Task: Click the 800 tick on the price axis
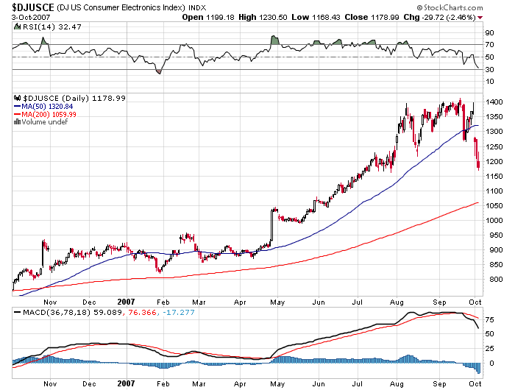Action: click(x=492, y=280)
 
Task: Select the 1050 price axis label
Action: click(x=494, y=205)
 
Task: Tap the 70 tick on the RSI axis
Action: click(x=489, y=45)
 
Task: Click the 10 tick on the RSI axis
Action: click(x=489, y=82)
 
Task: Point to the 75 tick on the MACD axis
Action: click(x=489, y=319)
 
